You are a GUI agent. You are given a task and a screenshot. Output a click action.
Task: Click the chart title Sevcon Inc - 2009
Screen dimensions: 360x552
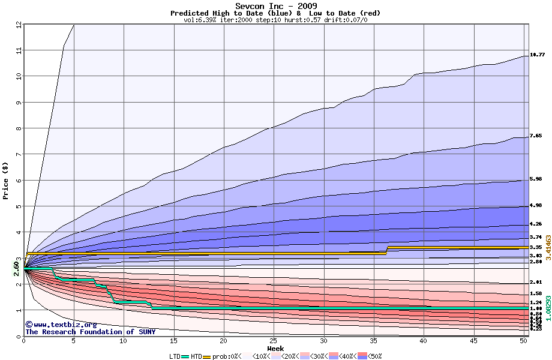(x=275, y=6)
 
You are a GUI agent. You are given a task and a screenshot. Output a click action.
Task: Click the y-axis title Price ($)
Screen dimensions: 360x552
(x=6, y=181)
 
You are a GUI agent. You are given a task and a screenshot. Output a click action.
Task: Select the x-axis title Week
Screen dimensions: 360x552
(x=275, y=348)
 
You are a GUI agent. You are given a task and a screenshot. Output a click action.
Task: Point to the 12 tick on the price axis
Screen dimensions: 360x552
(x=18, y=25)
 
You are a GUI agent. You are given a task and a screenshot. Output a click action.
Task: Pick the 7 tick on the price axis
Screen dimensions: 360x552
(x=18, y=154)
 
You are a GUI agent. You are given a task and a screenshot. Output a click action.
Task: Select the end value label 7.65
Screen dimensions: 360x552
(x=536, y=136)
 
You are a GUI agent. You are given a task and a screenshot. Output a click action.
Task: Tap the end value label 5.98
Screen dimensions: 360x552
(x=536, y=179)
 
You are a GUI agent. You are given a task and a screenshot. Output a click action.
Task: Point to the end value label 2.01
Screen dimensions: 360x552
(x=536, y=282)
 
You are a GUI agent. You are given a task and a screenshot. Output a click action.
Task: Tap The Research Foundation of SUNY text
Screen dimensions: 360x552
(x=90, y=332)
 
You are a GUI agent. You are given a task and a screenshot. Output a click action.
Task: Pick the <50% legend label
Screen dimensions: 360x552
(x=376, y=356)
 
